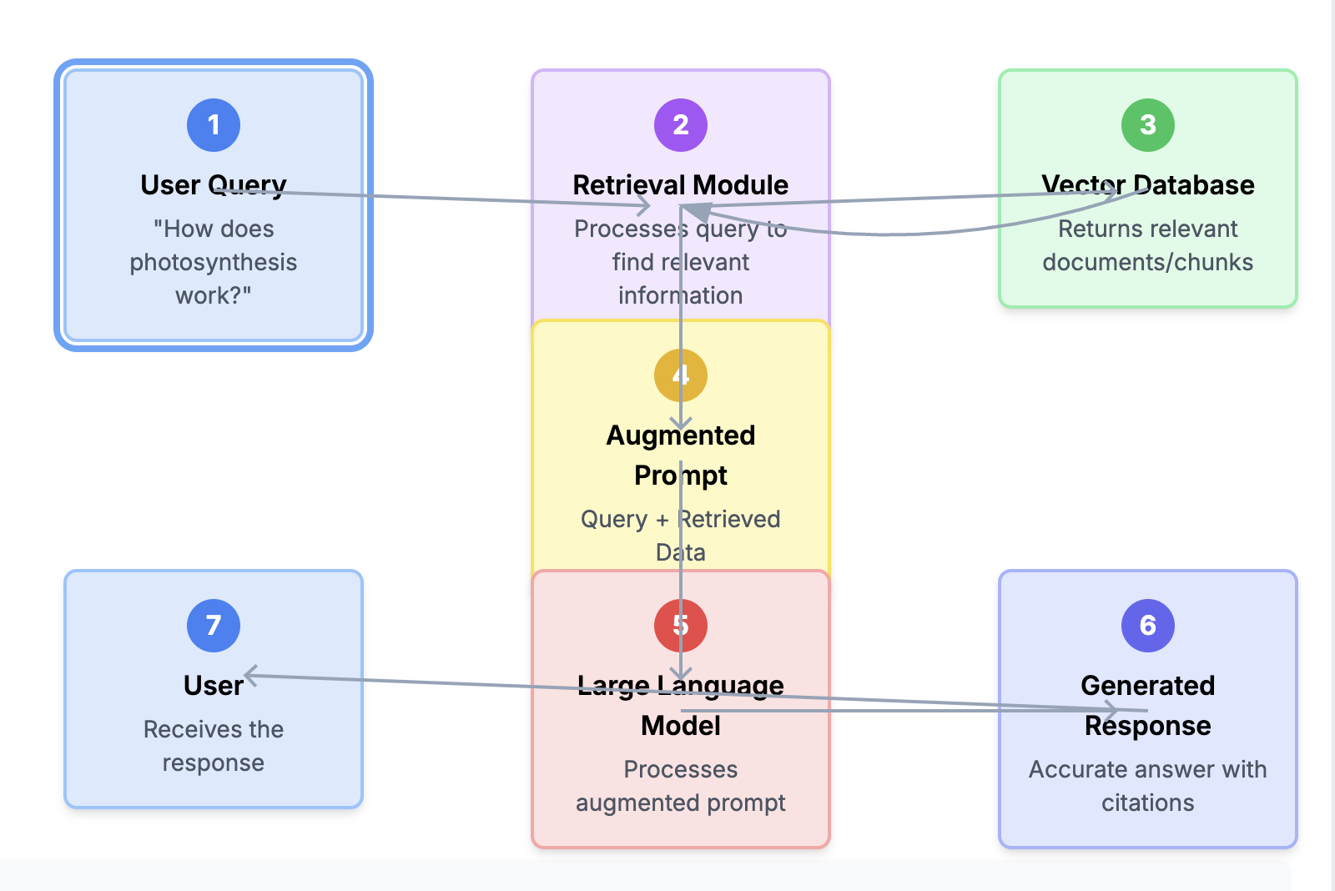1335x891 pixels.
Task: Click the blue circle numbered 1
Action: [214, 125]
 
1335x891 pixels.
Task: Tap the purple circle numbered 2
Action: [681, 125]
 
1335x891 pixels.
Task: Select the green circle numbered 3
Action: [1148, 125]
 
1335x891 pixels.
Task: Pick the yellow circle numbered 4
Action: [681, 375]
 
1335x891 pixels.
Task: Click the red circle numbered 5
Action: [681, 626]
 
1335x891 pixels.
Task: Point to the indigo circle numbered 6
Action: [1148, 626]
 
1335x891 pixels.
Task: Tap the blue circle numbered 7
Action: [214, 626]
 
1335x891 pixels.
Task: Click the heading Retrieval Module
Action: [681, 184]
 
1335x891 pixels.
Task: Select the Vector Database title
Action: [1148, 184]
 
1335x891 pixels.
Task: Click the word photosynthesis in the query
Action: [214, 262]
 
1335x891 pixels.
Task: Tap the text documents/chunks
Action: [1148, 262]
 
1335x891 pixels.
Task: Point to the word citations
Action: [1148, 803]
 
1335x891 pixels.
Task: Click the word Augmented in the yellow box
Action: [681, 435]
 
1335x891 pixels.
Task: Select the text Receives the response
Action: [214, 746]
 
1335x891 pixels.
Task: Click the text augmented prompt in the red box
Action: [681, 803]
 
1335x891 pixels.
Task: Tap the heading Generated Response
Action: [1148, 705]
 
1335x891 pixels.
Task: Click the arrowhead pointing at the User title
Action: [249, 675]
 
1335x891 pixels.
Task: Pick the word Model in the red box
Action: [681, 726]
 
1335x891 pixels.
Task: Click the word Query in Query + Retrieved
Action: [614, 519]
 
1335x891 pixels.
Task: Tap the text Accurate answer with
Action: [1148, 769]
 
